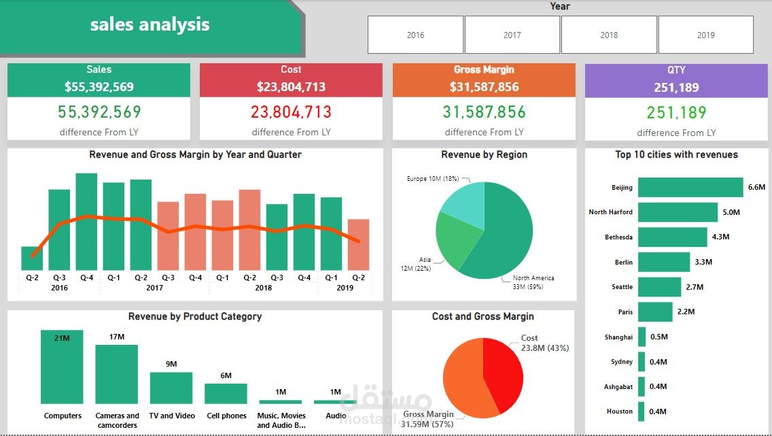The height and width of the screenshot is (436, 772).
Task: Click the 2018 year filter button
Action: (x=609, y=35)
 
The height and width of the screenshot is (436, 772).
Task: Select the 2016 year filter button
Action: (x=415, y=35)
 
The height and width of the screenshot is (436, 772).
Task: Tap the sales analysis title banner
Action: (x=150, y=25)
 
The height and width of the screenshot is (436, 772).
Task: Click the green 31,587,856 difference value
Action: (x=484, y=112)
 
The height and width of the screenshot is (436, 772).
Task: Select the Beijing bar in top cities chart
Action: (x=690, y=187)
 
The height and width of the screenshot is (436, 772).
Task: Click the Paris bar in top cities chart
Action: (x=655, y=312)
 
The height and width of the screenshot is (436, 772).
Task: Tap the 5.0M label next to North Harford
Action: (x=731, y=212)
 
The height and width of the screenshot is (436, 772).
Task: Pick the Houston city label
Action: (x=619, y=412)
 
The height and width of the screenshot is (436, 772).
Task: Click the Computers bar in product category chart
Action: (x=62, y=367)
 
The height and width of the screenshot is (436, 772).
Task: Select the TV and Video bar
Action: (x=171, y=388)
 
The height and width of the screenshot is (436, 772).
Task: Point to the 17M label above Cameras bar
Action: (x=116, y=337)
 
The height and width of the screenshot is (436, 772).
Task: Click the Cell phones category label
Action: (x=226, y=416)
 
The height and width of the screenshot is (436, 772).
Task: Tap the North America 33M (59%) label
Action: (x=533, y=282)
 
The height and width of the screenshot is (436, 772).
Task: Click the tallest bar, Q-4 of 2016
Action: (x=86, y=221)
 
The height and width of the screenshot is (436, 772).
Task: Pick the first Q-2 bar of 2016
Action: (x=32, y=258)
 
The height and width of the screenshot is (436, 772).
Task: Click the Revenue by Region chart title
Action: (x=484, y=155)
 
